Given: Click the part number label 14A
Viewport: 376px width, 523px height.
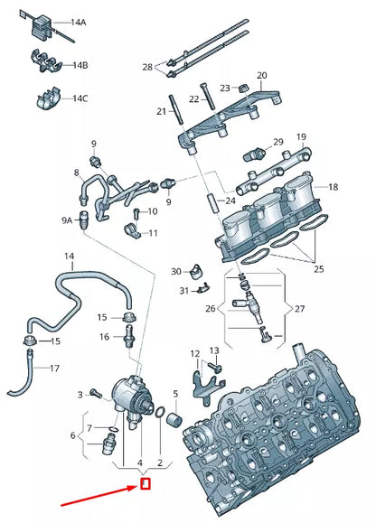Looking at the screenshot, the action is [x=78, y=23].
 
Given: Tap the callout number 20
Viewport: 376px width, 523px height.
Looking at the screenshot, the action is [x=262, y=75].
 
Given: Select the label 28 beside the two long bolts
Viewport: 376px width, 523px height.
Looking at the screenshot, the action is [x=147, y=68].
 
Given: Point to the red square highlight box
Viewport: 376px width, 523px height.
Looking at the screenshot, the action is [x=146, y=484].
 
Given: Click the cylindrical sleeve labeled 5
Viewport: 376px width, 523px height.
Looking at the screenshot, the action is [x=175, y=418].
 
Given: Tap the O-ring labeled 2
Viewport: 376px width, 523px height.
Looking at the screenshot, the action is [x=160, y=412].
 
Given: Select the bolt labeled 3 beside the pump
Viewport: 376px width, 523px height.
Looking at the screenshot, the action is [x=96, y=394].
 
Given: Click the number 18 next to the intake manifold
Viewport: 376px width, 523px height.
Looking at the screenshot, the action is [x=334, y=187].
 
